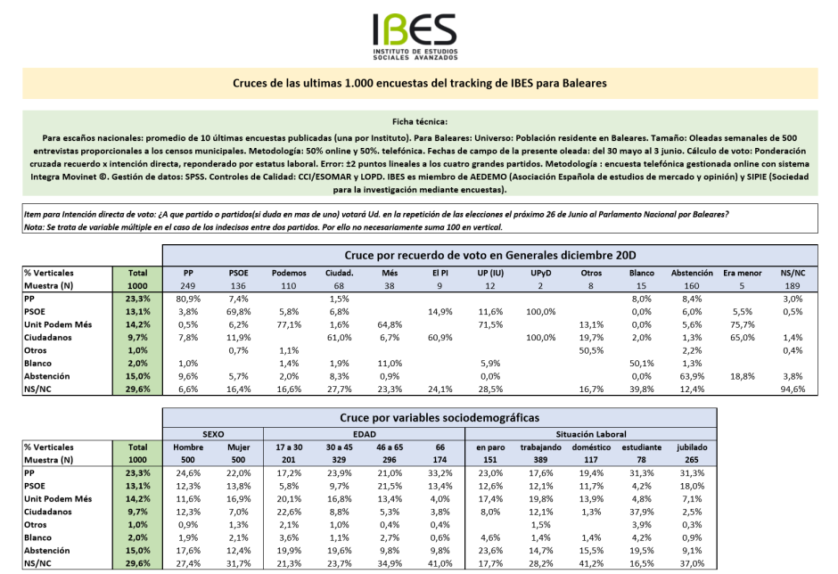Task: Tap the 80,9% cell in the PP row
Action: click(188, 300)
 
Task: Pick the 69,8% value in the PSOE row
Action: click(238, 313)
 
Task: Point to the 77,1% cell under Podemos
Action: click(288, 325)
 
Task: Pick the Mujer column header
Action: click(239, 447)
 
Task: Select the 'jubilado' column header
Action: click(692, 447)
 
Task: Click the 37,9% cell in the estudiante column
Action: click(639, 512)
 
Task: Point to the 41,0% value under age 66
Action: click(439, 563)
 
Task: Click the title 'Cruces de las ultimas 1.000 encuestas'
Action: click(419, 82)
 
